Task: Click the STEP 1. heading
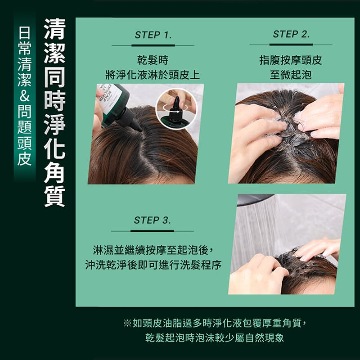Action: pos(153,35)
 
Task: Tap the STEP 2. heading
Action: pos(291,34)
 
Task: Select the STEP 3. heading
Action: pos(153,220)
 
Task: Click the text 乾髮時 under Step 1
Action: pos(153,60)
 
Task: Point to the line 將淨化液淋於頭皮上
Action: pos(153,75)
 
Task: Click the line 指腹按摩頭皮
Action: pos(291,60)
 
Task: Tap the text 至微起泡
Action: pos(291,75)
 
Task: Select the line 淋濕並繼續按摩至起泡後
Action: pos(154,250)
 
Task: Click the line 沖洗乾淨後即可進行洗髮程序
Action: pos(153,265)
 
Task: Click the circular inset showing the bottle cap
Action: pos(176,109)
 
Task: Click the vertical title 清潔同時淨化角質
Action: pos(54,113)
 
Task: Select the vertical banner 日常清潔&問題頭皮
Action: pos(25,97)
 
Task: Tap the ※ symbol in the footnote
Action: pos(127,323)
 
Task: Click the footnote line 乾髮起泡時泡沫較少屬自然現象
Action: pos(215,338)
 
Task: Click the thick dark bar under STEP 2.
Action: pos(291,45)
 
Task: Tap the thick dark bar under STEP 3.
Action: pos(152,231)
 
